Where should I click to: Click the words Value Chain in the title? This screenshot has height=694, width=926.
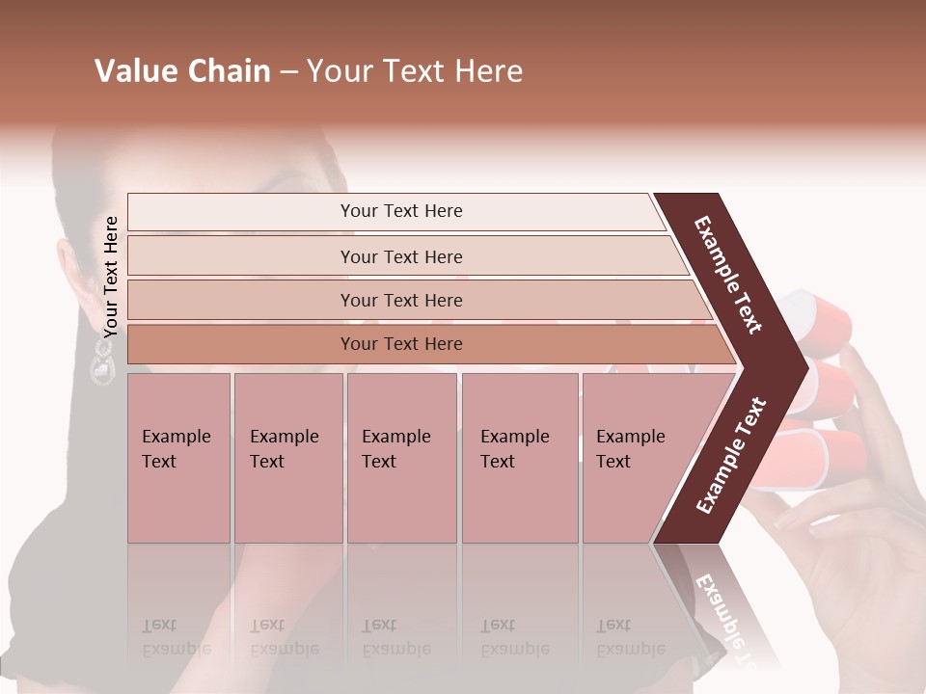[x=182, y=71]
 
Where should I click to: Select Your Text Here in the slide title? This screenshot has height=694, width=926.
[x=415, y=71]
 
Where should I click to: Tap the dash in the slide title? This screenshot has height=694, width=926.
[x=288, y=72]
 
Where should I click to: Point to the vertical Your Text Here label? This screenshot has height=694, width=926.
[x=111, y=277]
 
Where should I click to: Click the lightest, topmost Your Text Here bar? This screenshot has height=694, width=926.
[x=400, y=211]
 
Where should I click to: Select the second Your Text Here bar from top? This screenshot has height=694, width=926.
[x=400, y=256]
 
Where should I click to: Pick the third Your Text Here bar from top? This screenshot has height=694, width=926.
[x=400, y=300]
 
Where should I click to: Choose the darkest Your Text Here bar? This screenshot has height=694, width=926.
[x=400, y=344]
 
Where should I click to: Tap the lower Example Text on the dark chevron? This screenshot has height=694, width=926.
[x=731, y=455]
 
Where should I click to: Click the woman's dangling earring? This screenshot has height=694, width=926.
[x=101, y=364]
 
